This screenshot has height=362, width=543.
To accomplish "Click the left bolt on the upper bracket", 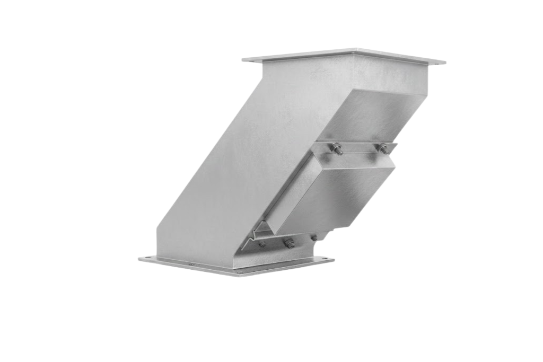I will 336,149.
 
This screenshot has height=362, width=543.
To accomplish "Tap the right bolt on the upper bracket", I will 383,148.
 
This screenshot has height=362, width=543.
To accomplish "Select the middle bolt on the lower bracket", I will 289,243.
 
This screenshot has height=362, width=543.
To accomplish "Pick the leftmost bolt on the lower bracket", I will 262,244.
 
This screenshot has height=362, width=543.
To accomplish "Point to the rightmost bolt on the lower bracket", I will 314,237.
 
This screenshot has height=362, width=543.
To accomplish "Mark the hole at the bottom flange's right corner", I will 327,260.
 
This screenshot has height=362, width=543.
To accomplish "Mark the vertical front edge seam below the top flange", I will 354,74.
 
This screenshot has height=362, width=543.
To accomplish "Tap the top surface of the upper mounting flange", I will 345,55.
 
